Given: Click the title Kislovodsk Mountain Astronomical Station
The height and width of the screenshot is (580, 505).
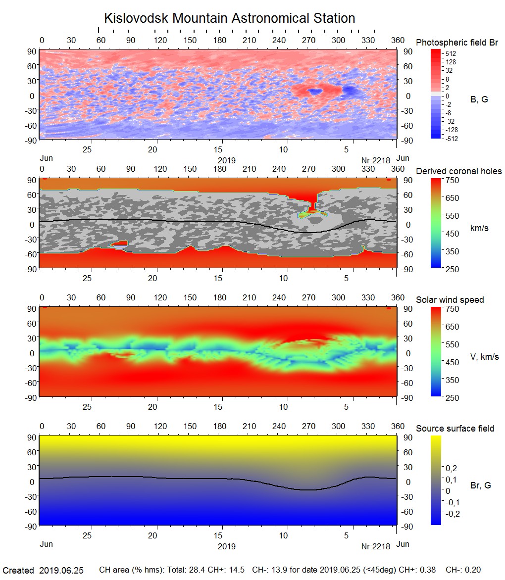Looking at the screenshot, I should pos(229,19).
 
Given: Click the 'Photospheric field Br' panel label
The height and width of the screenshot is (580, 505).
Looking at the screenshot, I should pos(457,43).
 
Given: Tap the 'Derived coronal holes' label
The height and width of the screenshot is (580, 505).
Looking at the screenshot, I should pos(458,171).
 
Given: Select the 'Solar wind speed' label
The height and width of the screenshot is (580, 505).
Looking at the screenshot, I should pos(450,300).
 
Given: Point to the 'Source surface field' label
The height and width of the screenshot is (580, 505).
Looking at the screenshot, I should pos(455,429).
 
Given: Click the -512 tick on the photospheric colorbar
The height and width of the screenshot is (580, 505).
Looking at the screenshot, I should pos(452,139).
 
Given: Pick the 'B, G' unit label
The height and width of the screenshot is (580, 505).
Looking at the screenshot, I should pos(479,99).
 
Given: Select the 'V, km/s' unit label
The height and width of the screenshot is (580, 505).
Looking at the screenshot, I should pos(484,357).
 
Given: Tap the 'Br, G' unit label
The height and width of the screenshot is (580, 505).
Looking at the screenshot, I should pos(480,485).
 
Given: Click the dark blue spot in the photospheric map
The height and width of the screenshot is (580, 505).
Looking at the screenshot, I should pos(314,92).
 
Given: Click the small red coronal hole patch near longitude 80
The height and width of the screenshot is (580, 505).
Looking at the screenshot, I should pos(120,243).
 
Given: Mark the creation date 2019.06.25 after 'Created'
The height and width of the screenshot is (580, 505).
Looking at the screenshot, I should pos(61,570).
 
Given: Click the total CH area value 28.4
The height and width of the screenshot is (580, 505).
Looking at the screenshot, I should pos(189,570).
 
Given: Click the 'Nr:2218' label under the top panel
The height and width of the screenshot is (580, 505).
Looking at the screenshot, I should pos(376,160).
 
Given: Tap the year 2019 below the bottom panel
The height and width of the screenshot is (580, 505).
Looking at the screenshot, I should pos(227,547).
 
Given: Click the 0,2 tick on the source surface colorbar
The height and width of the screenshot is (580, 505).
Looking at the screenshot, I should pos(452,468).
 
